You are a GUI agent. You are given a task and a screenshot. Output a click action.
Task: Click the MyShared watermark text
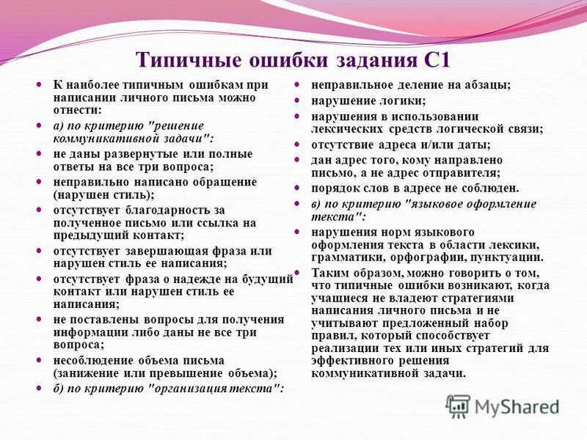(x=517, y=407)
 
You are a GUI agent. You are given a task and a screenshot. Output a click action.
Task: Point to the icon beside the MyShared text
(x=459, y=406)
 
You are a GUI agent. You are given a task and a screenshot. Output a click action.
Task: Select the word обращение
(x=197, y=182)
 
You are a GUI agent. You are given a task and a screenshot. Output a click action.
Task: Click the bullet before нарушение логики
(x=298, y=100)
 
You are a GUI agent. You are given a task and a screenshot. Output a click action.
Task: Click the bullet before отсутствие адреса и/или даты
(x=298, y=144)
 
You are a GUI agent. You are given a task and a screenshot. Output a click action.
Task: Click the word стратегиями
(x=498, y=298)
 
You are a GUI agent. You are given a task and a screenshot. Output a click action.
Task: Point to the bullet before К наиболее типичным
(x=40, y=84)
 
